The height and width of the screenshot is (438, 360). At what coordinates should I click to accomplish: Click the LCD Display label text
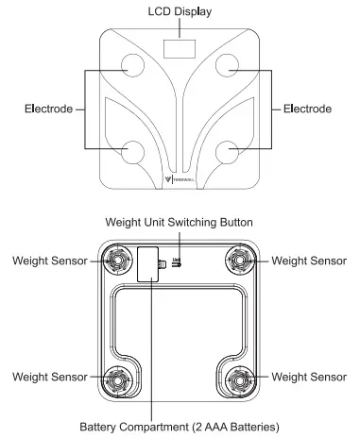[x=180, y=11]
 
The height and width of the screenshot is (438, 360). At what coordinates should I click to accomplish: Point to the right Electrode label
[x=308, y=109]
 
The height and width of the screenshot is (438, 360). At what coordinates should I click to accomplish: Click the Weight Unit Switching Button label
[x=180, y=223]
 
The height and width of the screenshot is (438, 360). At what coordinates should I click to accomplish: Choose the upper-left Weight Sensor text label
[x=47, y=259]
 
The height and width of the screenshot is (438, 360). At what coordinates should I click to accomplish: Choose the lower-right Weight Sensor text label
[x=310, y=376]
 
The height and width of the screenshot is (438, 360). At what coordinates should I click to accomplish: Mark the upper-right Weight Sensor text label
[x=310, y=259]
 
